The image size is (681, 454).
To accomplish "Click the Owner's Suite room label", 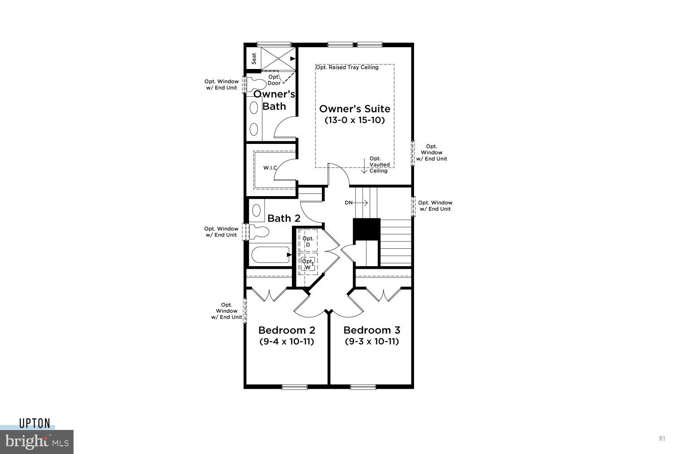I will pyautogui.click(x=355, y=109).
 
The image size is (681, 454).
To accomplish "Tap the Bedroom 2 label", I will pyautogui.click(x=286, y=330).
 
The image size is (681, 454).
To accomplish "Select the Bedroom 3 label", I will pyautogui.click(x=372, y=330).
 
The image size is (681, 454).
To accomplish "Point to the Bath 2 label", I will pyautogui.click(x=284, y=218).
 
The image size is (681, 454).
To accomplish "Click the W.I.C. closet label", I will pyautogui.click(x=270, y=168).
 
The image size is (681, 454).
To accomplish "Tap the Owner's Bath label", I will pyautogui.click(x=274, y=100).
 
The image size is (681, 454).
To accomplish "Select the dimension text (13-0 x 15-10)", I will pyautogui.click(x=355, y=120).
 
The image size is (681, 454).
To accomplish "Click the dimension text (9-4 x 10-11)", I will pyautogui.click(x=286, y=341).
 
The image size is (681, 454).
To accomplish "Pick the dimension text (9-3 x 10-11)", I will pyautogui.click(x=372, y=341).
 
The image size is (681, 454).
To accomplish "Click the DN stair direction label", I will pyautogui.click(x=349, y=203).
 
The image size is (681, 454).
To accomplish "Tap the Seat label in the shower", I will pyautogui.click(x=254, y=59).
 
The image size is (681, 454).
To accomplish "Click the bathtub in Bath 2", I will pyautogui.click(x=270, y=256).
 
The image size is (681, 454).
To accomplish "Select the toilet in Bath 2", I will pyautogui.click(x=259, y=232).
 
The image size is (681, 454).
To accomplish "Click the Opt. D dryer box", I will pyautogui.click(x=308, y=241).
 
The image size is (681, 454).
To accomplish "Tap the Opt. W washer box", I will pyautogui.click(x=308, y=264).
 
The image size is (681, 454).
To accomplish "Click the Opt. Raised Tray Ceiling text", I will pyautogui.click(x=347, y=68).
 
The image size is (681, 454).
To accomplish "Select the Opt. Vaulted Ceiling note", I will pyautogui.click(x=379, y=164).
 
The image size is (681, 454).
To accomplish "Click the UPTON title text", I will pyautogui.click(x=35, y=424).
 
